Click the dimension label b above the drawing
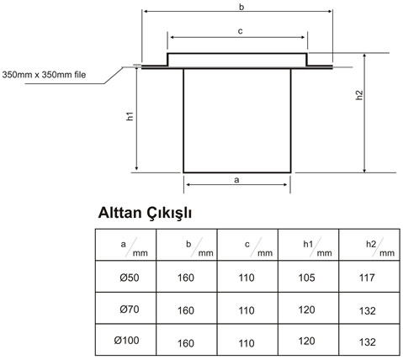[x=241, y=8]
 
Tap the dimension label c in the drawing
[x=240, y=31]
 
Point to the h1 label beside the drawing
[x=130, y=116]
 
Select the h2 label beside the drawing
[x=359, y=95]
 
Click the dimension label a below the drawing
[x=236, y=180]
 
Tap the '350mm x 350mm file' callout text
[x=44, y=75]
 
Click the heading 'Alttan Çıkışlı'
[x=145, y=213]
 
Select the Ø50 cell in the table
[x=130, y=278]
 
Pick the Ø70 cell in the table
[x=130, y=310]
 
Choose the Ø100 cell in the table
[x=126, y=341]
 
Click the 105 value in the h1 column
[x=306, y=278]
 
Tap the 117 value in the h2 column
[x=367, y=278]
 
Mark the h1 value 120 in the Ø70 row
[x=306, y=310]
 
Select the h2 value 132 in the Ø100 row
[x=368, y=342]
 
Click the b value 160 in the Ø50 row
[x=186, y=278]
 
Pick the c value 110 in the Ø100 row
[x=247, y=343]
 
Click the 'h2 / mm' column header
[x=380, y=247]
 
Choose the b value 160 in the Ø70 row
[x=186, y=310]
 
